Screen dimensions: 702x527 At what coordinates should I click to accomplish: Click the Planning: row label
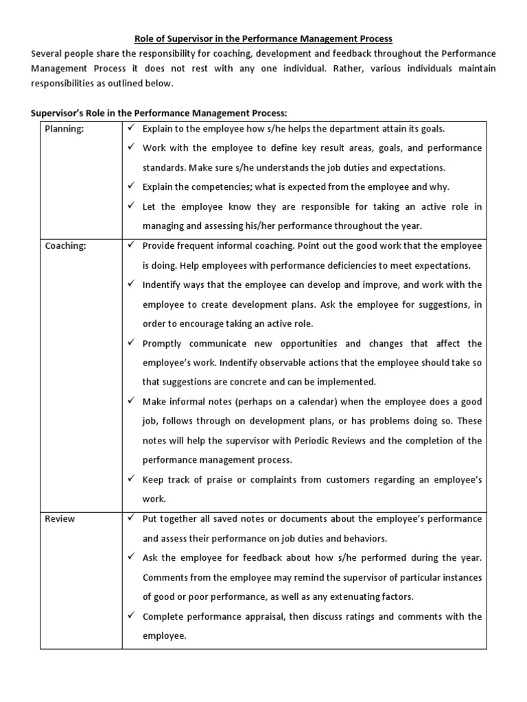(x=64, y=129)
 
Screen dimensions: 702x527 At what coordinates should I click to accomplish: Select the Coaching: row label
(x=65, y=246)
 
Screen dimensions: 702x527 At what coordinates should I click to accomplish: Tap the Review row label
(x=60, y=519)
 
